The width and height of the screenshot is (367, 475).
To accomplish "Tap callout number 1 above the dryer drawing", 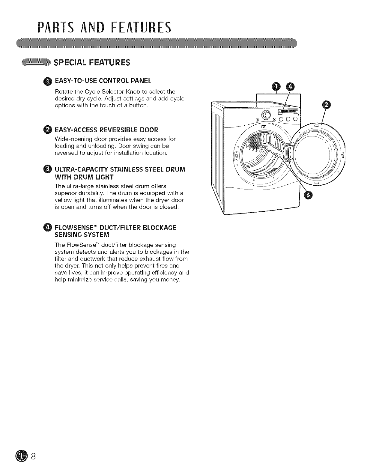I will pos(275,87).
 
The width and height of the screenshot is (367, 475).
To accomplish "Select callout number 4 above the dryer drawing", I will pos(291,87).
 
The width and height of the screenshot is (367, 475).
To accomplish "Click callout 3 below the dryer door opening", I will pos(308,196).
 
